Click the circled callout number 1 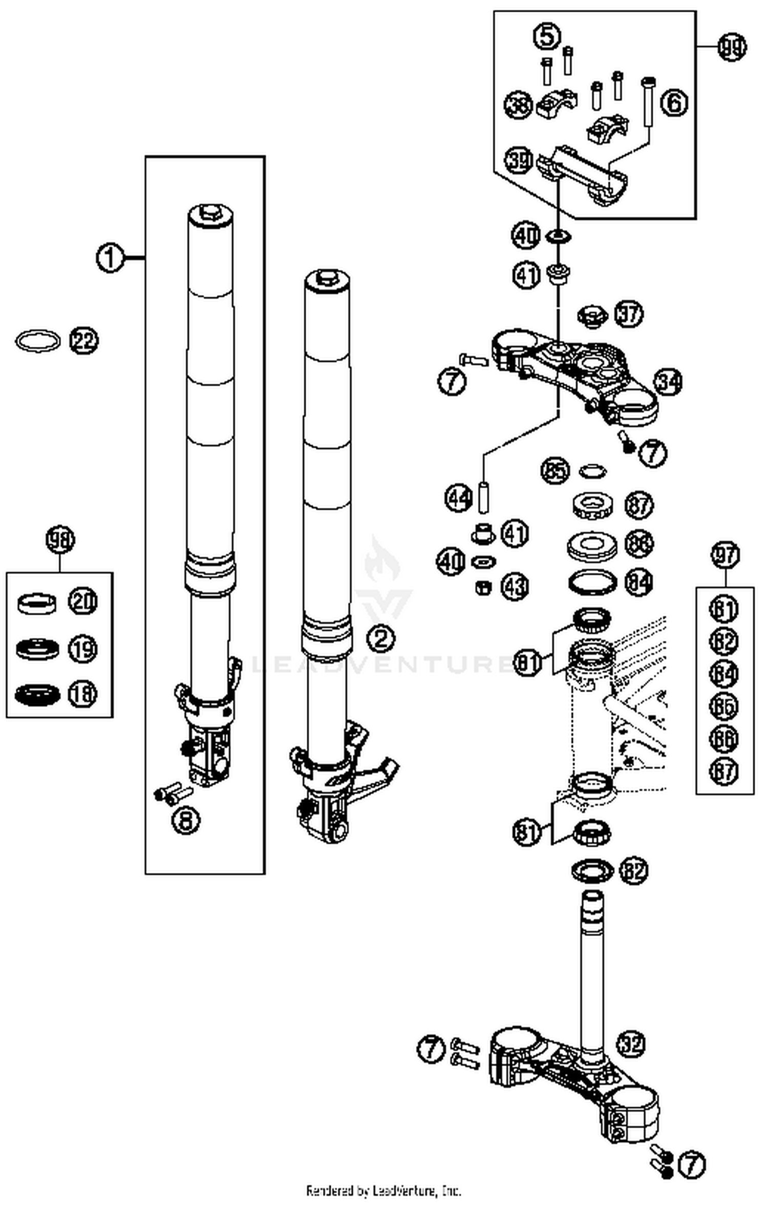tap(110, 258)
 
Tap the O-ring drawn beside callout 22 tap(37, 341)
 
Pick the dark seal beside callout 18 tap(37, 695)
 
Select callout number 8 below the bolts tap(186, 821)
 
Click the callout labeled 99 tap(731, 47)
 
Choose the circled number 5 tap(547, 37)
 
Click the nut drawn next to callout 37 tap(592, 318)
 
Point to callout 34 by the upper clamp tap(668, 381)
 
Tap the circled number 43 tap(514, 586)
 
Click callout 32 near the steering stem tap(631, 1044)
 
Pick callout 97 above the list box tap(725, 556)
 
